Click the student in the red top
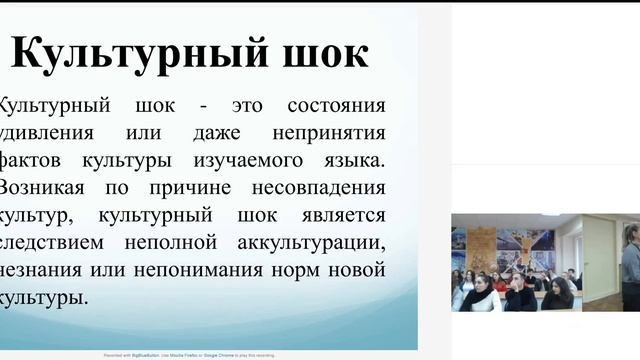(499, 284)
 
